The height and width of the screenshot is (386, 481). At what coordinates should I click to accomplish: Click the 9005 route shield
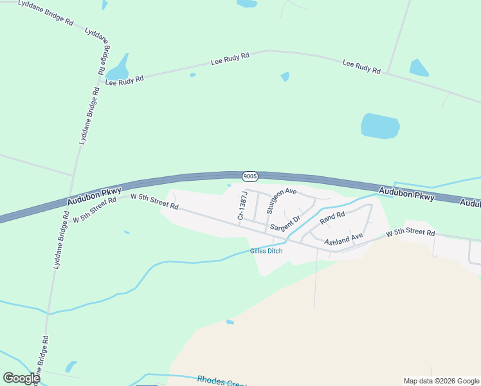coord(250,176)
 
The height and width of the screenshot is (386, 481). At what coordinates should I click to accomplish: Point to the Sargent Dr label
coord(285,224)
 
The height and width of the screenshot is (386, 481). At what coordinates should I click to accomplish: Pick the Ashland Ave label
coord(343,239)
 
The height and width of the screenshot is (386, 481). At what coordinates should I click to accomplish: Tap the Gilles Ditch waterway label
coord(266,251)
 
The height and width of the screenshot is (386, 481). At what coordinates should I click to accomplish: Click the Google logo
coord(21,378)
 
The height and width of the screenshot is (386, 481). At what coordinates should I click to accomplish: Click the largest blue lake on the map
coord(380,125)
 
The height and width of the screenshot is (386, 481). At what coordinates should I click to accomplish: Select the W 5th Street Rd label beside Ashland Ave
coord(410,234)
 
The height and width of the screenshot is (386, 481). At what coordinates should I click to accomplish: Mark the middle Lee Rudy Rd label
coord(230,60)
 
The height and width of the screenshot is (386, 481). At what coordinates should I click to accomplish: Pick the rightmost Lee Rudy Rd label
coord(361,66)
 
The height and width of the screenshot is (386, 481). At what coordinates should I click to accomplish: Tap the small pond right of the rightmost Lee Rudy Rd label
coord(419,68)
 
